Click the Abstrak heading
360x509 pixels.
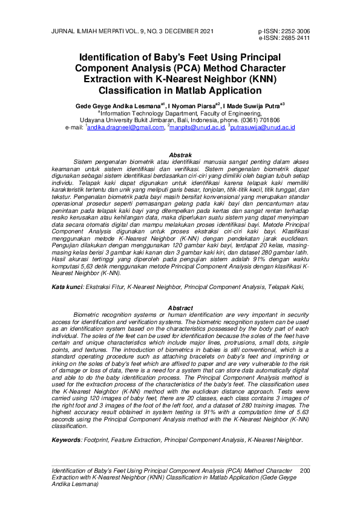180,155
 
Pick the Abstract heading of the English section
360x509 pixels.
180,308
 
